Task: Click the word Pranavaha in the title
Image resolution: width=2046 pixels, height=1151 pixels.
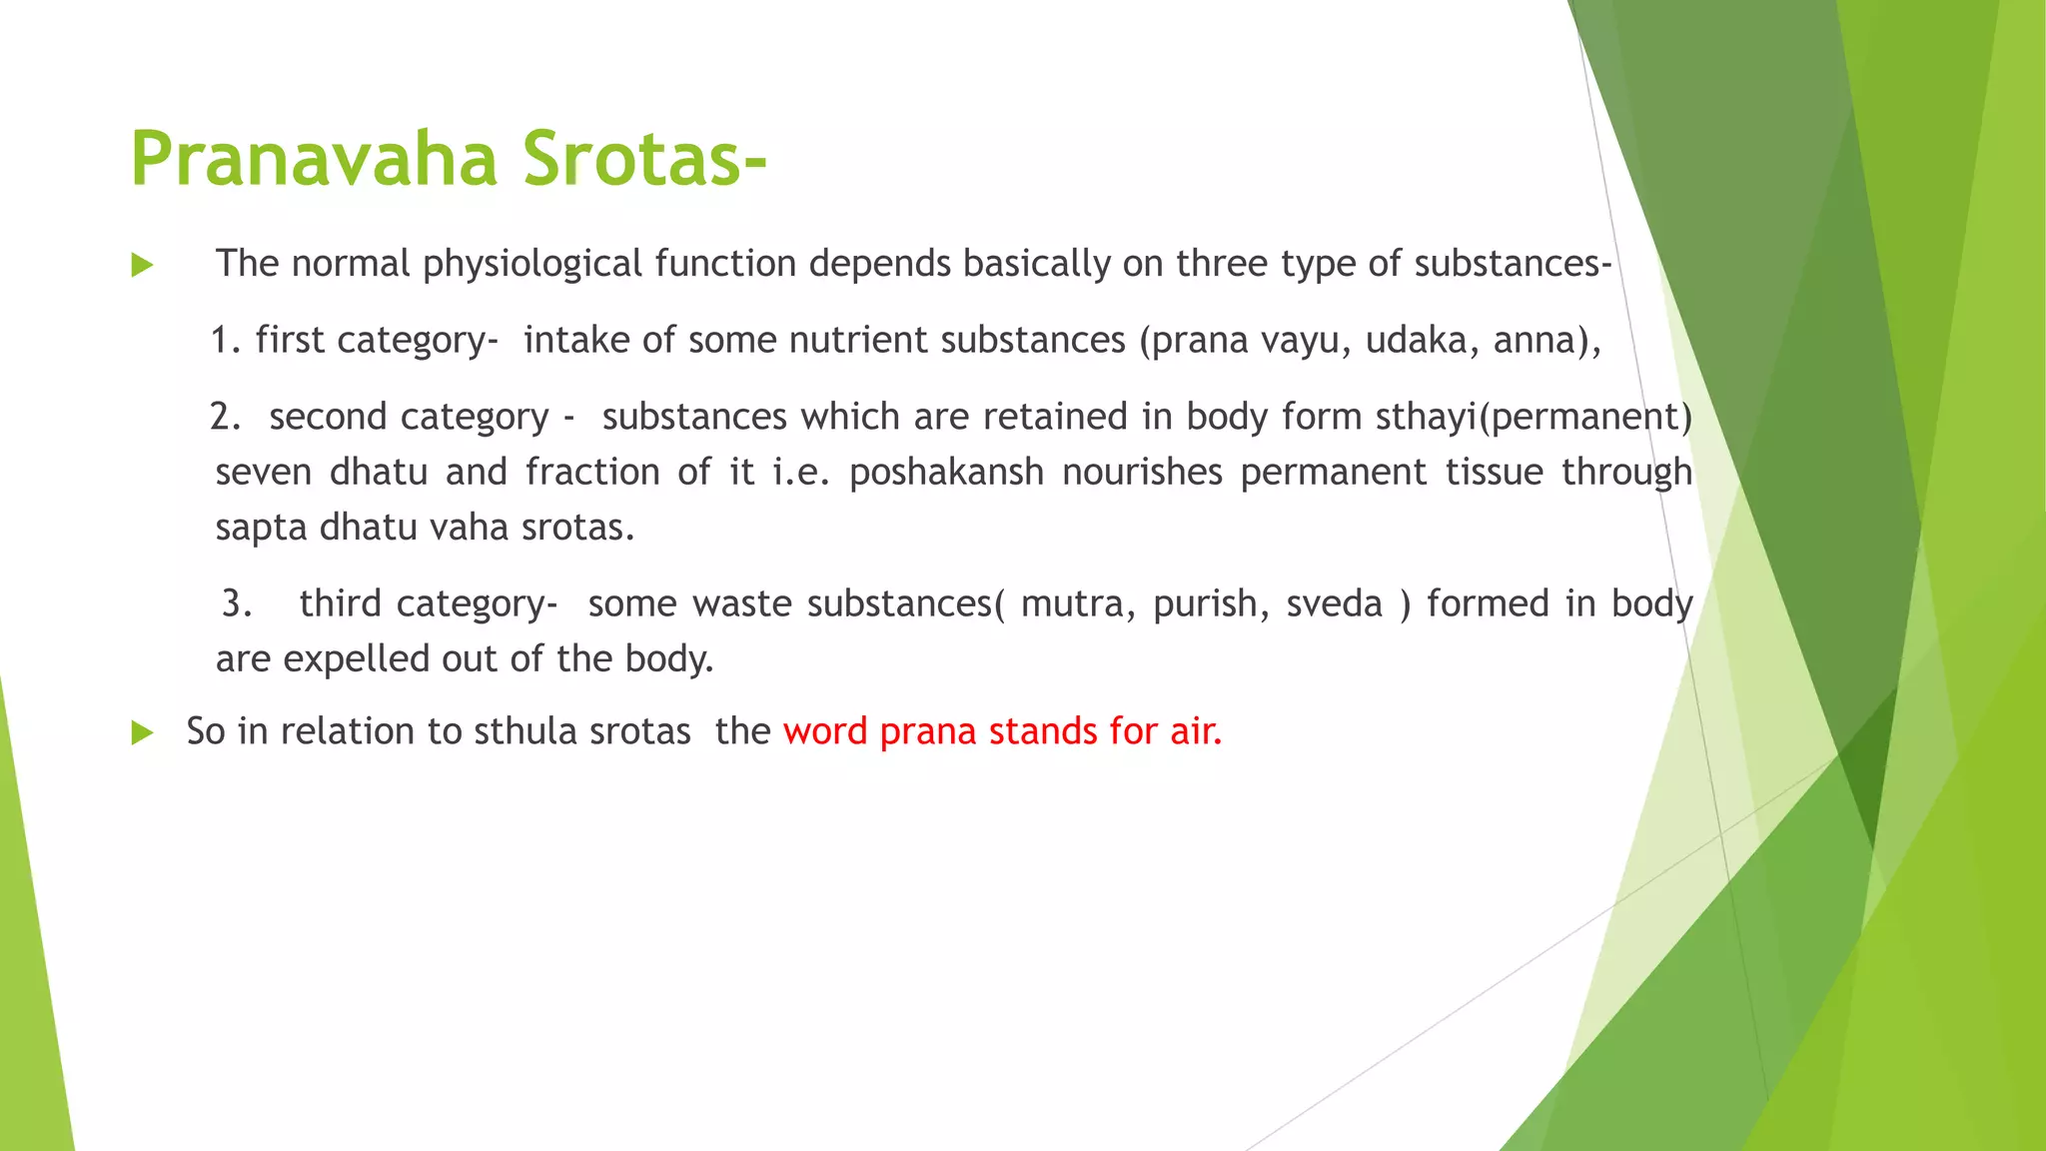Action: (314, 160)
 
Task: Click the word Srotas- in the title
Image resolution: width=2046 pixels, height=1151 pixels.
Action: (644, 160)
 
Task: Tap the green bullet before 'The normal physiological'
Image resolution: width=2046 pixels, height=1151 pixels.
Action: (142, 266)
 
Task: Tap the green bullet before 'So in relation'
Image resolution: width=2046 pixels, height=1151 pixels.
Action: (142, 733)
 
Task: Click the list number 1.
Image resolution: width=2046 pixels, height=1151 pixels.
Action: (225, 341)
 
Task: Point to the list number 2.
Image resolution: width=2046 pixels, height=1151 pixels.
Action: (225, 417)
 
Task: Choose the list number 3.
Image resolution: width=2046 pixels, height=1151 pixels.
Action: (237, 603)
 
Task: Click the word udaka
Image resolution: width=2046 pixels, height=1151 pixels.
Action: (1422, 341)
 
